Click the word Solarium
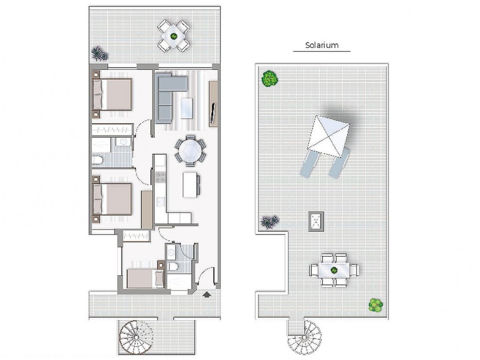click(322, 45)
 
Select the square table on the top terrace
click(173, 36)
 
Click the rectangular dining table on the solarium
click(334, 270)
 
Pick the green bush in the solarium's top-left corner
click(270, 79)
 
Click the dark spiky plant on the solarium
click(270, 222)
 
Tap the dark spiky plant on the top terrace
click(99, 54)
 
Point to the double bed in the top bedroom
click(112, 94)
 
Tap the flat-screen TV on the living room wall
click(213, 112)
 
